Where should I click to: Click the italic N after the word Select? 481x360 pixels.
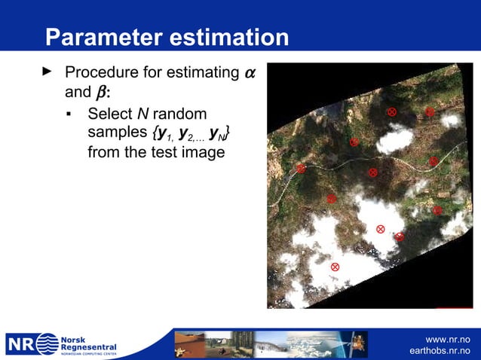141,114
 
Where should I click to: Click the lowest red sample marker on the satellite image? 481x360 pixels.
335,267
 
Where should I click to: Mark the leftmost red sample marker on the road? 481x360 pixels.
300,169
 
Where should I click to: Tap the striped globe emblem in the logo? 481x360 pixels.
47,344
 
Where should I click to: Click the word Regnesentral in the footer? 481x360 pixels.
88,346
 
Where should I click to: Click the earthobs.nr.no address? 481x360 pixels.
440,352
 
